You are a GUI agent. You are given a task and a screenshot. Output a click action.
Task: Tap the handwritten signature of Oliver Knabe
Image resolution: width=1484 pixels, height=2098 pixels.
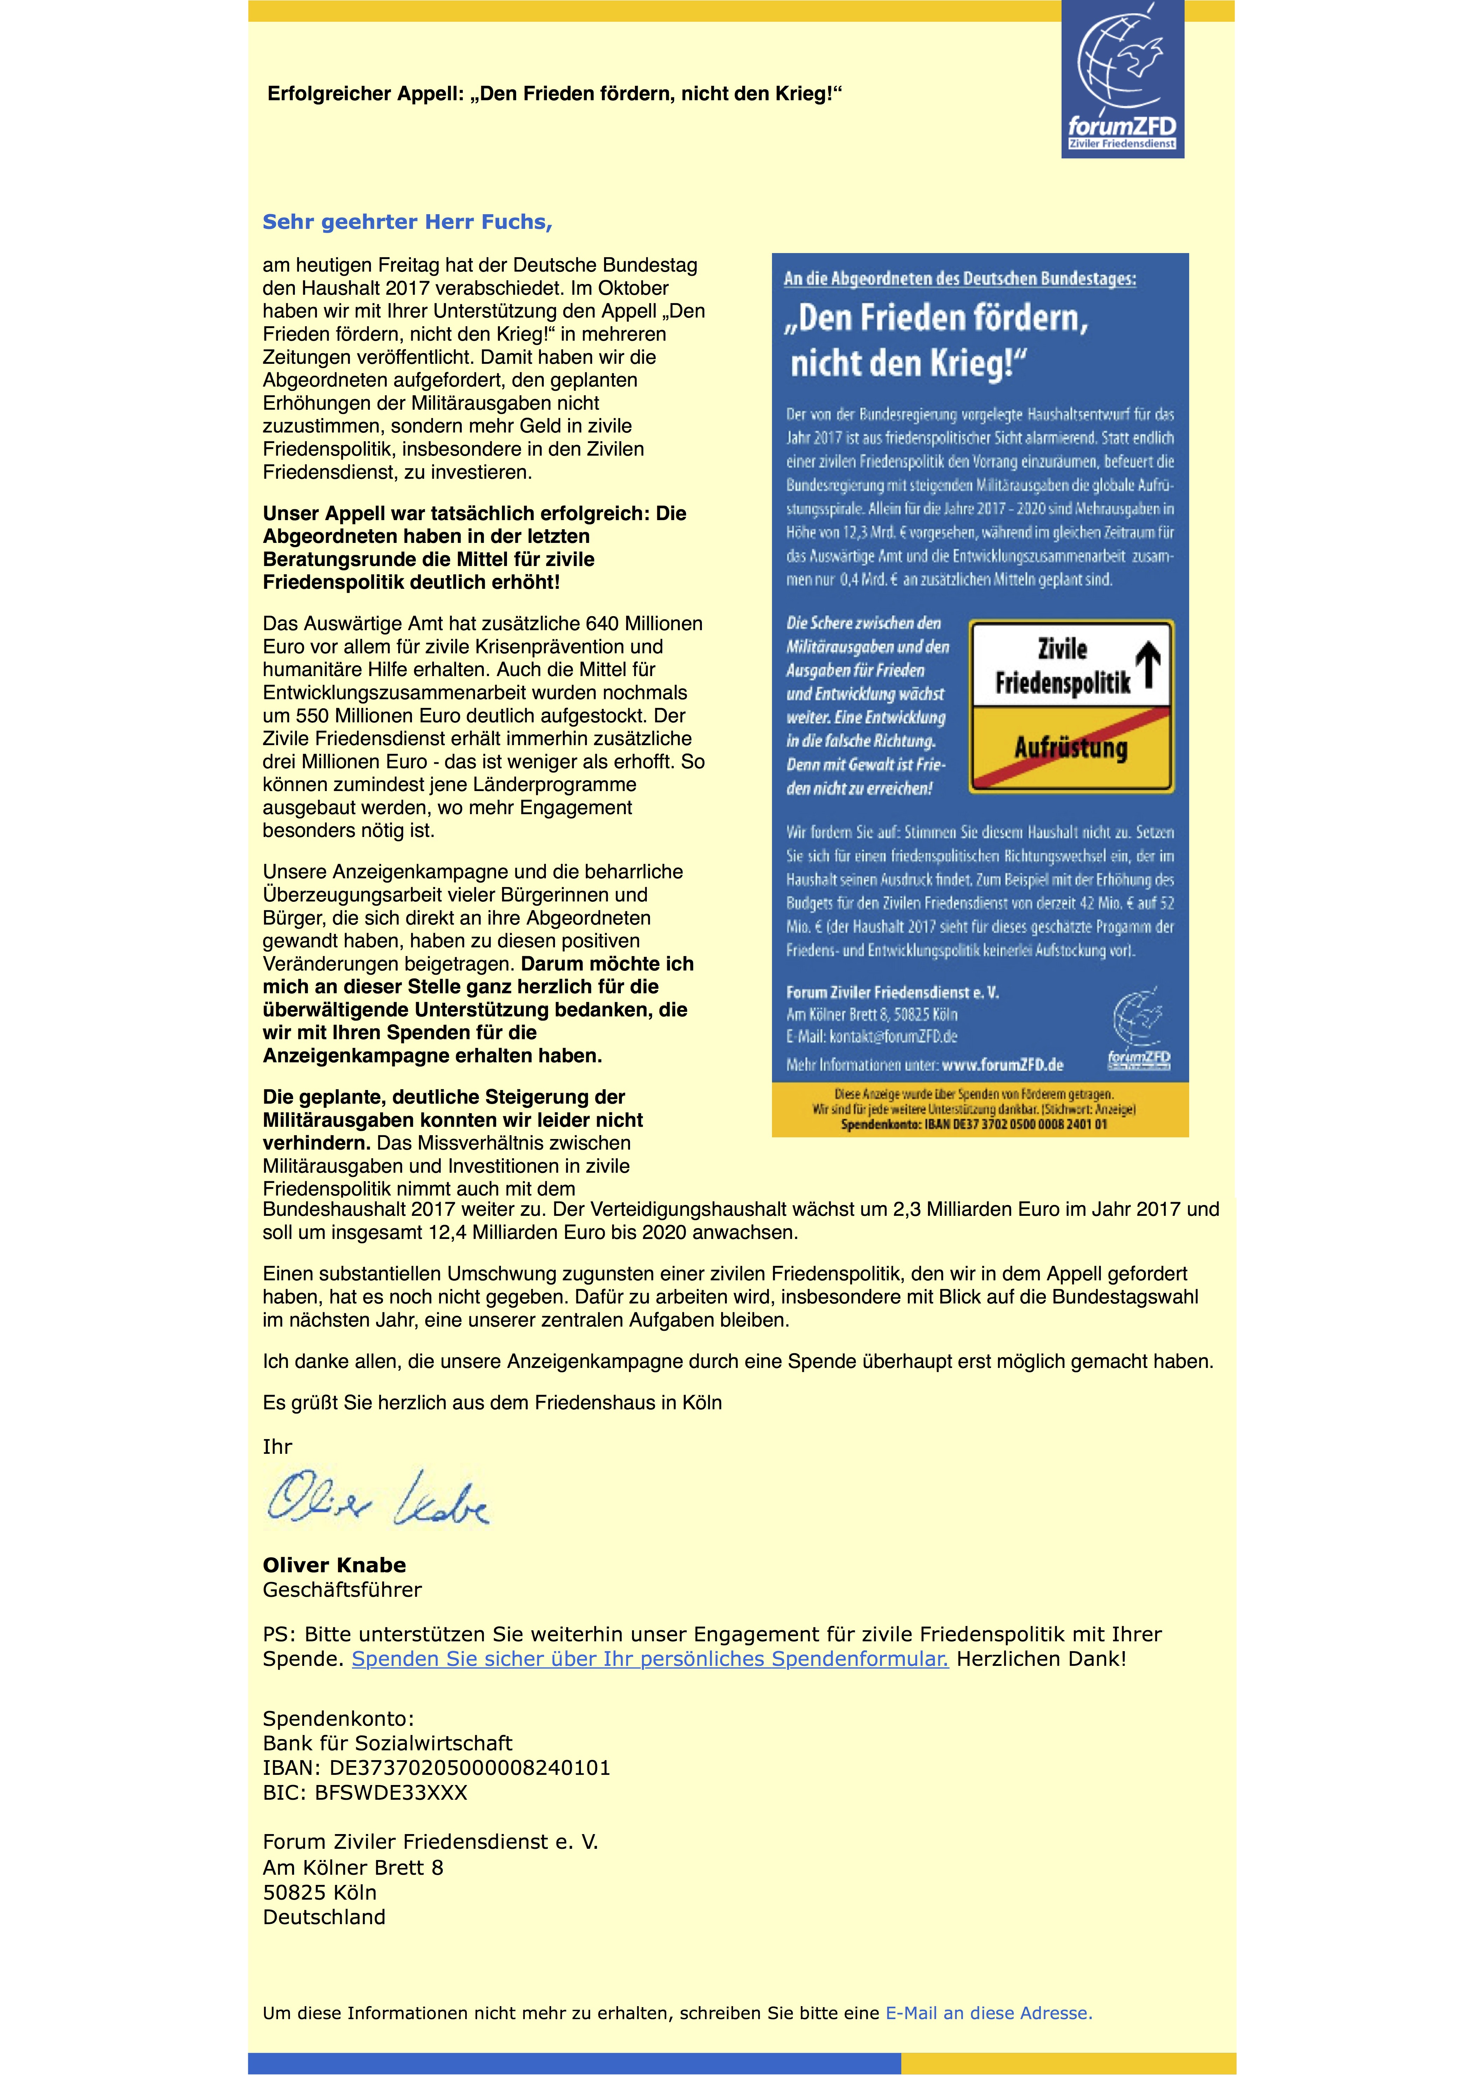click(x=377, y=1499)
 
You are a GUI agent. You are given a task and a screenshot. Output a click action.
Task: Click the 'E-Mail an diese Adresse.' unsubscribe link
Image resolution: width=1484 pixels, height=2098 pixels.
click(x=989, y=2013)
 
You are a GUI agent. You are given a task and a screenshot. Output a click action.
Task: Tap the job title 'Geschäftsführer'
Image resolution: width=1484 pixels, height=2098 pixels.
click(x=342, y=1590)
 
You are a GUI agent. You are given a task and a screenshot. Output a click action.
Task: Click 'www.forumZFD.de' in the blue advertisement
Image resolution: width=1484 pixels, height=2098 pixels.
click(x=1002, y=1064)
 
